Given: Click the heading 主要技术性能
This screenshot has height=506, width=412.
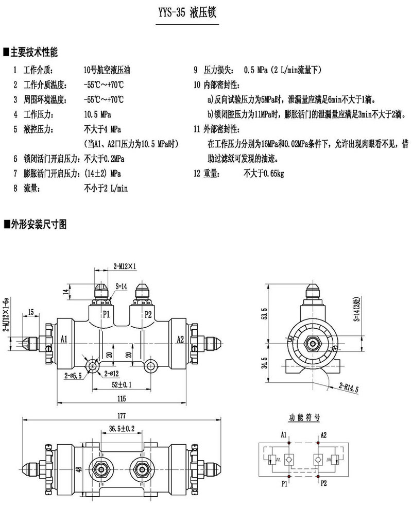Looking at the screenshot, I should point(33,52).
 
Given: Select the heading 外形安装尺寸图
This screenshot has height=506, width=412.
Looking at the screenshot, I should point(37,224).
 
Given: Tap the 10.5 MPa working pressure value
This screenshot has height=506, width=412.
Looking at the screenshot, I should point(97,113).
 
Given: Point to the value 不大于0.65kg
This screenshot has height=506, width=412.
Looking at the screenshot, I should point(264,174).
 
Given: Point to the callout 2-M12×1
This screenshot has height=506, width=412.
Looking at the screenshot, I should point(124,266).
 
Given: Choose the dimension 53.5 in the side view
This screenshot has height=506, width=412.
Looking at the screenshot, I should point(264,314).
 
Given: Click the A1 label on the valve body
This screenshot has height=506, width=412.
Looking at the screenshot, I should point(64,339).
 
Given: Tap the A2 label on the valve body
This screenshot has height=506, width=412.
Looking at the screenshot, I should point(180,339).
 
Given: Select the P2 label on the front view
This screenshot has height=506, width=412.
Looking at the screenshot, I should point(148,313).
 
